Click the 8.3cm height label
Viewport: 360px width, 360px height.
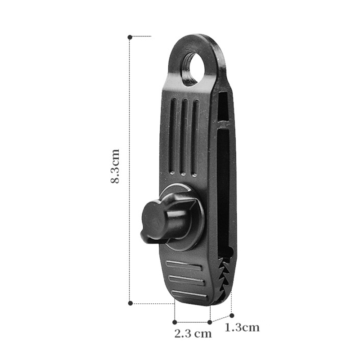115,166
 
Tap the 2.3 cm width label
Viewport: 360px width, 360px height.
193,333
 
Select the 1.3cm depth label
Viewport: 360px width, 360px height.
242,328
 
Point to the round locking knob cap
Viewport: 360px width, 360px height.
153,220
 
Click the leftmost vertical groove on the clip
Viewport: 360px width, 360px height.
173,136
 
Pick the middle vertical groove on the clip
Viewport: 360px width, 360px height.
184,137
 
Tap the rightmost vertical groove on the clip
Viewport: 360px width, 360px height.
195,138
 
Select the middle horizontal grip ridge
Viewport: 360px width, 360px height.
186,280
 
